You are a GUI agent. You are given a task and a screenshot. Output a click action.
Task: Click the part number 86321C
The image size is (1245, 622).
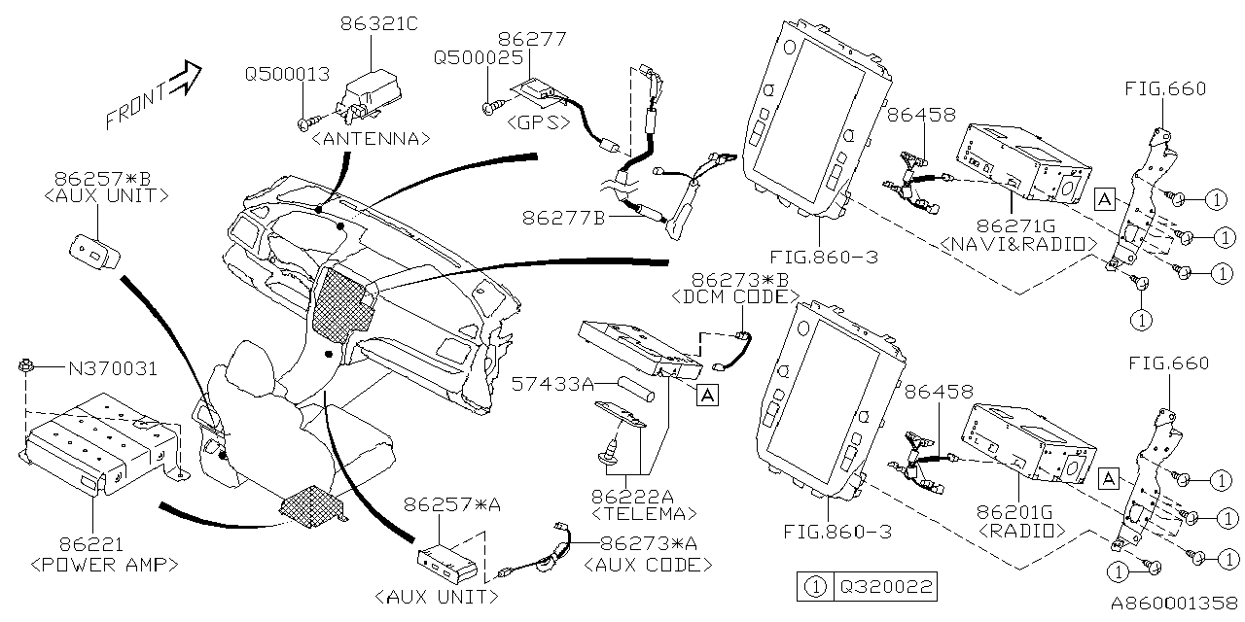coord(378,23)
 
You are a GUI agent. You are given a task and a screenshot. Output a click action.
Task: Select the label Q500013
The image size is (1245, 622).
coord(287,73)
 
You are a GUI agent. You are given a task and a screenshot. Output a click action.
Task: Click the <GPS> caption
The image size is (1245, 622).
coord(538,122)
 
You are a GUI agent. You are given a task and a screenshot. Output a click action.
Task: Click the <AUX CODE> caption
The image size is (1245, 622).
coord(648,565)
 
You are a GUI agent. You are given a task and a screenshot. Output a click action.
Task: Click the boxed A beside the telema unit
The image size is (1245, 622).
coord(706,396)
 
